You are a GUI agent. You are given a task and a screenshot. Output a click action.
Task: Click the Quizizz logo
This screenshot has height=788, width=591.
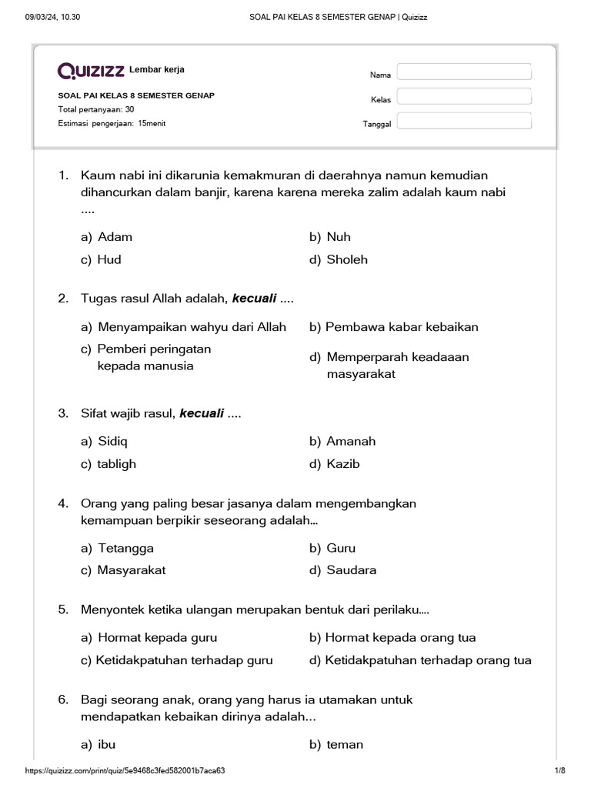92,71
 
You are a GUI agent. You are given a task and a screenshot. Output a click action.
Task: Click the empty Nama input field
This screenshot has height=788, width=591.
464,72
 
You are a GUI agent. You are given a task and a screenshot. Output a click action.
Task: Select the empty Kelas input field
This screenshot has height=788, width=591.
464,96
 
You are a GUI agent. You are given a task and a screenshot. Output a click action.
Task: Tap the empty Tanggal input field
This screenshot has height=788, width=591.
464,121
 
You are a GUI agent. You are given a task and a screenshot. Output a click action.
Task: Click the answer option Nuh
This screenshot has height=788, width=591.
338,237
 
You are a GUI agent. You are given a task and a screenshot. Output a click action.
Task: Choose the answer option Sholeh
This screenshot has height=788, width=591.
346,259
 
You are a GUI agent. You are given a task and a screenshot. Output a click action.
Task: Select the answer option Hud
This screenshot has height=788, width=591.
109,259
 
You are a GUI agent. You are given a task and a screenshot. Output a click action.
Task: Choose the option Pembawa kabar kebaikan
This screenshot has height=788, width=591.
401,327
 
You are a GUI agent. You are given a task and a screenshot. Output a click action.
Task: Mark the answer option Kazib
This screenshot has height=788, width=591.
342,464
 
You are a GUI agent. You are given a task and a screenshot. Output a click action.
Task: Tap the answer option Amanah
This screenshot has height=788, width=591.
351,442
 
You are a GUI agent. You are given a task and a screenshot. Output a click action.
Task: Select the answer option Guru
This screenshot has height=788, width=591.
341,549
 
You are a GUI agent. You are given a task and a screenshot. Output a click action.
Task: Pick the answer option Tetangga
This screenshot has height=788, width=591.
125,549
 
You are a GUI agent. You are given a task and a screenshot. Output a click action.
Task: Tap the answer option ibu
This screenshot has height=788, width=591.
106,745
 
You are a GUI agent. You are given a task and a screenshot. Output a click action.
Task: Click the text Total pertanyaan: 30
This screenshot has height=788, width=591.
96,110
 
